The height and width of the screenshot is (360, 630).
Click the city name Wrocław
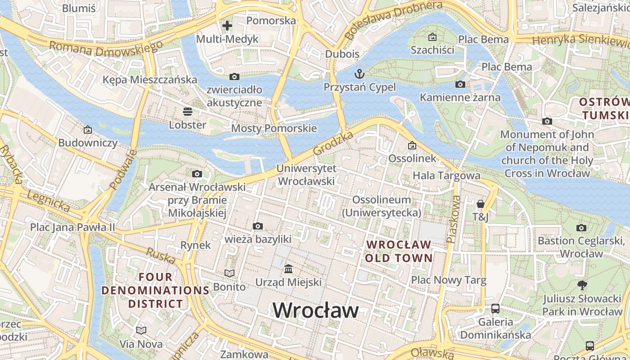[x=315, y=310]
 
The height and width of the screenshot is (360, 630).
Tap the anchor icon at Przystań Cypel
[x=359, y=74]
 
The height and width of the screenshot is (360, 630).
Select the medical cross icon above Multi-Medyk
[x=227, y=26]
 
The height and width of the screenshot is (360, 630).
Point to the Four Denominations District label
[x=155, y=290]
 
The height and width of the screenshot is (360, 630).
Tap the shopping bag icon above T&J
[x=481, y=204]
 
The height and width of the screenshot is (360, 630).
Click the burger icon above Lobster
[x=187, y=112]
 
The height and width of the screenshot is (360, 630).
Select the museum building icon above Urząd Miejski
[x=288, y=269]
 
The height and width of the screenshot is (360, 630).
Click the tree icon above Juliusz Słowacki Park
[x=582, y=285]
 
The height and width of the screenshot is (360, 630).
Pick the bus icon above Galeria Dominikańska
[x=495, y=309]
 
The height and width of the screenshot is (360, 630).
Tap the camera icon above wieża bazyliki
[x=258, y=226]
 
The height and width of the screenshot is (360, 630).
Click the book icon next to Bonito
[x=229, y=273]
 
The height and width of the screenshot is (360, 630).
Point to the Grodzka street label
[x=333, y=144]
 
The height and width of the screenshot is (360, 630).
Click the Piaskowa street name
[x=454, y=219]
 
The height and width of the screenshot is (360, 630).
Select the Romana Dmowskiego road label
[x=106, y=49]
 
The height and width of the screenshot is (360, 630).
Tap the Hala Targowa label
[x=446, y=175]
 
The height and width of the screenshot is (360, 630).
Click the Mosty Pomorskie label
[x=274, y=128]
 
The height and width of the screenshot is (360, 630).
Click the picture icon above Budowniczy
[x=88, y=130]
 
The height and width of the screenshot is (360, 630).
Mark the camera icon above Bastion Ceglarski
[x=581, y=228]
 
